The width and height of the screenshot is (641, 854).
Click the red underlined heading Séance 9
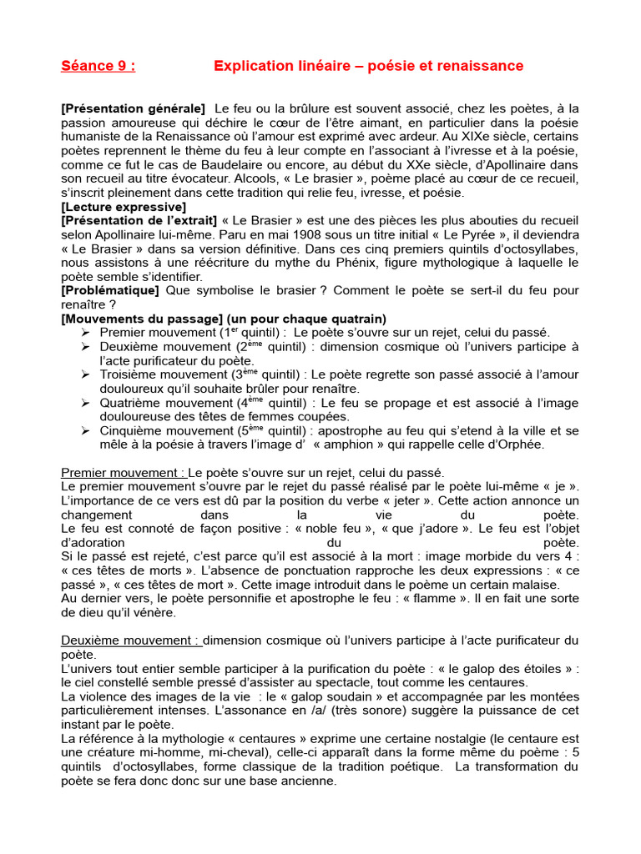point(98,66)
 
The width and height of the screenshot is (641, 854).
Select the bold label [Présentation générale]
point(134,108)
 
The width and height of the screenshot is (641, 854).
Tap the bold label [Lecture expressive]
point(124,206)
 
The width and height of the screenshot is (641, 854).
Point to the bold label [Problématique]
point(110,290)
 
